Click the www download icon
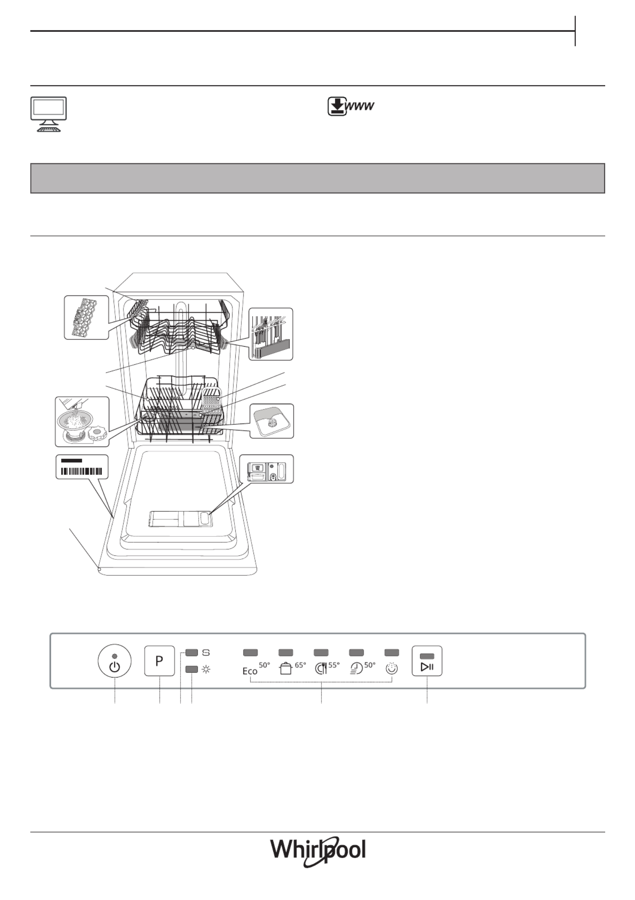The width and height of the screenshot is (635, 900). tap(351, 107)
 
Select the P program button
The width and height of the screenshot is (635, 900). tap(160, 661)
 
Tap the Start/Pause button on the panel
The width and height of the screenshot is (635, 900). tap(427, 661)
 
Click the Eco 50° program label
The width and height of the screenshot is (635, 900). tap(256, 668)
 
